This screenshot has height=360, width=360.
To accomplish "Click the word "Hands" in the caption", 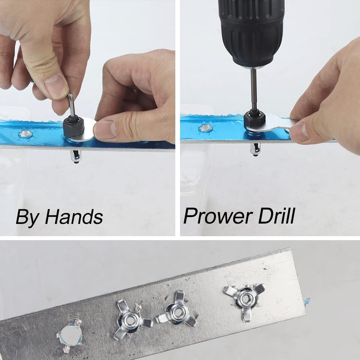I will pos(74,217).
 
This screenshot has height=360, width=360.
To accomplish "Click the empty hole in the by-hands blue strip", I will pos(25,134).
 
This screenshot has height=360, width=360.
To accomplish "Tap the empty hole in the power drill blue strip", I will pos(205,128).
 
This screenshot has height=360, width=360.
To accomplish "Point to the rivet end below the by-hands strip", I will pos(76,156).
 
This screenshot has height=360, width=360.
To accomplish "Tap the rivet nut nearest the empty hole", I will pos(130,319).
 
